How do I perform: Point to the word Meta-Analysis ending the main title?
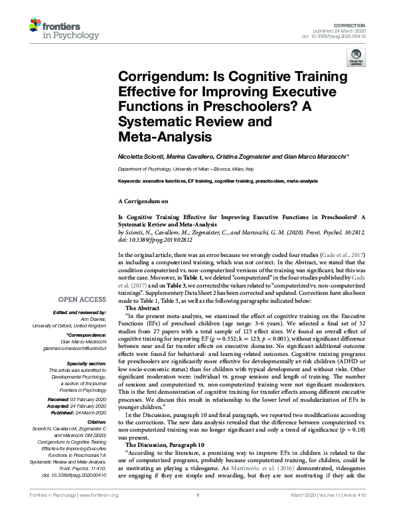click(159, 138)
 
